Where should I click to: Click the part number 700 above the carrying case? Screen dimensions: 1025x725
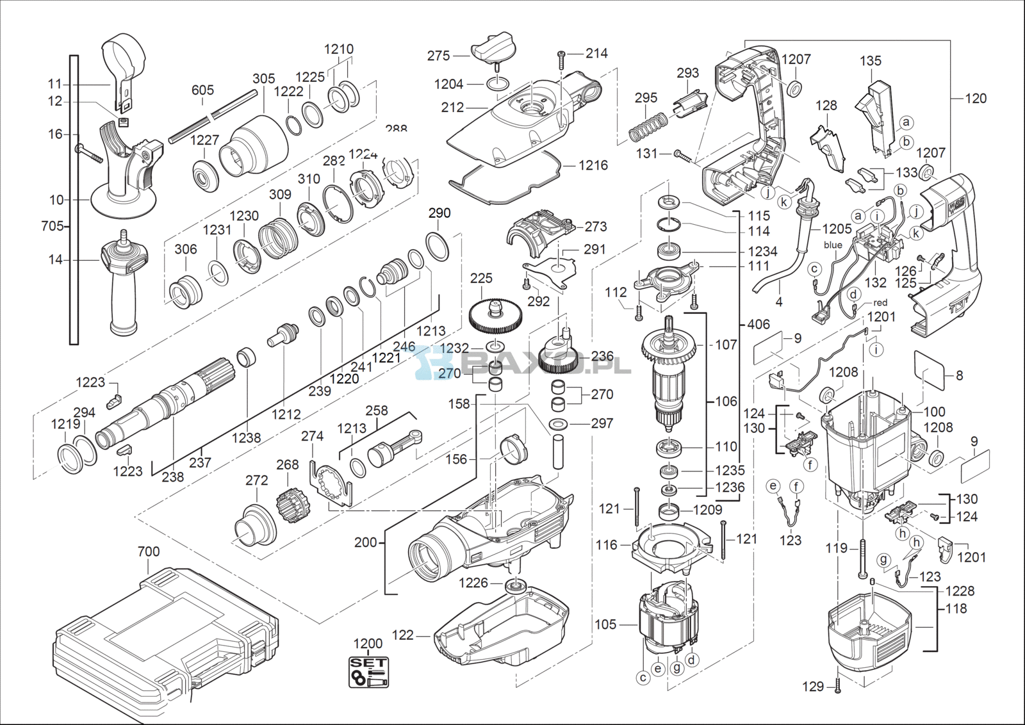point(149,551)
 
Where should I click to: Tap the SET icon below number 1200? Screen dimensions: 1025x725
point(368,672)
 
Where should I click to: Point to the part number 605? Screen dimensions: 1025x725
point(202,90)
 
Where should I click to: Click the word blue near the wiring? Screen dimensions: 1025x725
point(833,245)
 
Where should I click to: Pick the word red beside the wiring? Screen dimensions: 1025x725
point(880,302)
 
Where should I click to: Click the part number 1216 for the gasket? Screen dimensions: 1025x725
point(593,165)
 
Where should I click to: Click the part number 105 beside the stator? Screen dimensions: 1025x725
point(605,624)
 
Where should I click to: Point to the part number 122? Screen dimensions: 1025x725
point(403,635)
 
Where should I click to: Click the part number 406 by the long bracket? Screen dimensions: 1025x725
point(758,324)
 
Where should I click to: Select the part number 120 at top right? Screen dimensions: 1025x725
point(976,99)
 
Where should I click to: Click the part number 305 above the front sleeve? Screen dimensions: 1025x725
point(263,79)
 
